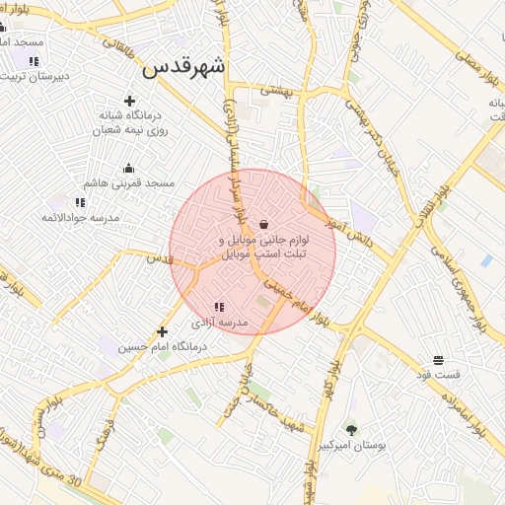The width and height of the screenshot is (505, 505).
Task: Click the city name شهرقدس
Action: point(184,67)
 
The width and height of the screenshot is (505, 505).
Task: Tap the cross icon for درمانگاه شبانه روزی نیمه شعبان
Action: point(129,101)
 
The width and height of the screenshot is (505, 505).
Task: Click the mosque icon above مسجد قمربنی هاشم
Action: point(129,168)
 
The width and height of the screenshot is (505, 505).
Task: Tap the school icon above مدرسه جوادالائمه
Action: point(80,202)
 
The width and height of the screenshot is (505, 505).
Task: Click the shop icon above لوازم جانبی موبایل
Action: point(263,225)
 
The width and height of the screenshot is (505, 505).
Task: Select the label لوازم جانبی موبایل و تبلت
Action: point(263,247)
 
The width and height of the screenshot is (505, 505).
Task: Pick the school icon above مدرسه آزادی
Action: point(219,308)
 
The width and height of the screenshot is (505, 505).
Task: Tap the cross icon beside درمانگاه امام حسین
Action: point(163,332)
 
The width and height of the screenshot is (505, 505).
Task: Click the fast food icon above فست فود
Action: point(438,360)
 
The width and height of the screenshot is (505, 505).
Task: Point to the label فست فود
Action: point(438,376)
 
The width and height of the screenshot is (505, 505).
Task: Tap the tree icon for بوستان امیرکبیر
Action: point(351,429)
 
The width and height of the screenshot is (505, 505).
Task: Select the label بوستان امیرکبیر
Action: point(364,447)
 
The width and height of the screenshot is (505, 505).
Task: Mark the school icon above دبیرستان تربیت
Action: point(34,61)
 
